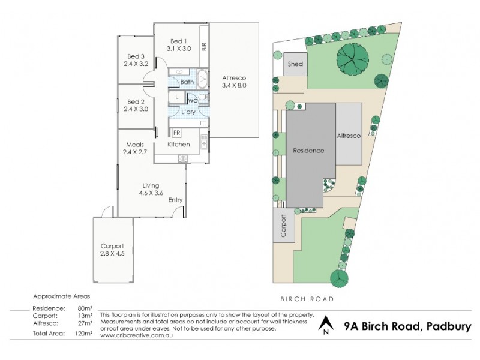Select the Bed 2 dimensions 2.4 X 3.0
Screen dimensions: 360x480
(x=136, y=109)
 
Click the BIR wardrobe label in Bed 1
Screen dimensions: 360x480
(x=204, y=46)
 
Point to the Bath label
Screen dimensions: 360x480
(x=187, y=82)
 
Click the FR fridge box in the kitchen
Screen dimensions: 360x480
(x=178, y=133)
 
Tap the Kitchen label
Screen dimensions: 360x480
(x=178, y=145)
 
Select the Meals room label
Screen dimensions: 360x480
(x=134, y=145)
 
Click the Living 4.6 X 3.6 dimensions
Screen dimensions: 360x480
(x=151, y=194)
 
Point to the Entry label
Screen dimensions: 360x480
(x=175, y=200)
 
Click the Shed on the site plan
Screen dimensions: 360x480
(x=295, y=64)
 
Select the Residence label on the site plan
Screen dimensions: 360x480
(x=308, y=151)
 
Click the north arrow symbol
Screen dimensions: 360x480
(x=325, y=325)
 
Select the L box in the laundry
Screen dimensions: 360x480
(x=177, y=97)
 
